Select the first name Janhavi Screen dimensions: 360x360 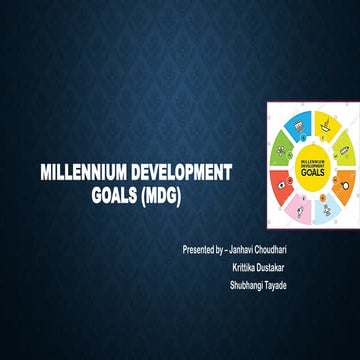255,248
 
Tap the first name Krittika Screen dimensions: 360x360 246,267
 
